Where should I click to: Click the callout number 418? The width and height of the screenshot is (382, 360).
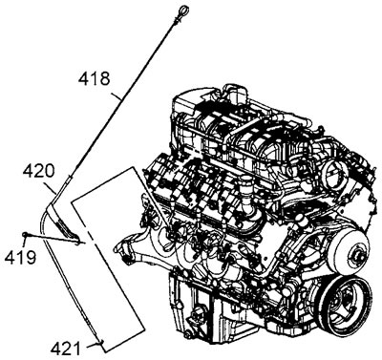coord(95,78)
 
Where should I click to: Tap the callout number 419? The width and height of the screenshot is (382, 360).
coord(20,257)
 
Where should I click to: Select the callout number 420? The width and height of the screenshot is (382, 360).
coord(38,171)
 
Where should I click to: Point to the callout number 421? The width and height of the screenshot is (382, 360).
coord(66,349)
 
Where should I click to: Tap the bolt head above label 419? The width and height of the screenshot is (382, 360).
coord(25,235)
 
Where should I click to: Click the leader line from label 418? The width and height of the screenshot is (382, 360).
coord(116,96)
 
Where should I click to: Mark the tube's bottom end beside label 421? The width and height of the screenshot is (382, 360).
coord(102,342)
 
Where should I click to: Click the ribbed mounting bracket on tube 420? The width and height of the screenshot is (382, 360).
coord(66,225)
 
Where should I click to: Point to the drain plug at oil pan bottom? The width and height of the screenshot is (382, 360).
coord(189,335)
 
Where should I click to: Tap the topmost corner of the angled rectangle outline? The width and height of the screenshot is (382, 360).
coord(133,167)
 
